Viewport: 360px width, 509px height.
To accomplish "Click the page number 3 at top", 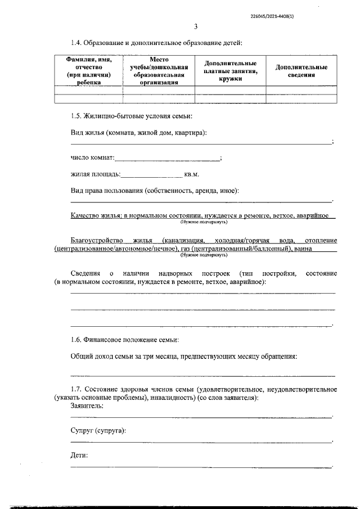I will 196,26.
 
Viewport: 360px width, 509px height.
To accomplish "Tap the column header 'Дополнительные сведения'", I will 301,71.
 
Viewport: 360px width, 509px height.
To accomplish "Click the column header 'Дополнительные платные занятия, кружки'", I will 231,71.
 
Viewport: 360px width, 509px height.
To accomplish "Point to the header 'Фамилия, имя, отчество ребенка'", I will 88,71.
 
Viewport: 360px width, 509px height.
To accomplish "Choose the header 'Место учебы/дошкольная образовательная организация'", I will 159,71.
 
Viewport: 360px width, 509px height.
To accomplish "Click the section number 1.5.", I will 76,116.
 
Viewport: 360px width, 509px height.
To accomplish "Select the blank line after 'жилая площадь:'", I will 152,175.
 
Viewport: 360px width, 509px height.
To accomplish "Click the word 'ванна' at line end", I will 304,249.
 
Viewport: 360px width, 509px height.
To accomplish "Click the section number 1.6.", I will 76,340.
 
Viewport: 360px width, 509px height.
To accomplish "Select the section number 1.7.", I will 76,389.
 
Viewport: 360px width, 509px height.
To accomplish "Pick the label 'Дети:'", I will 79,455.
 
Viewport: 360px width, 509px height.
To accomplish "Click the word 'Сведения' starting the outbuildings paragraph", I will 84,273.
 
